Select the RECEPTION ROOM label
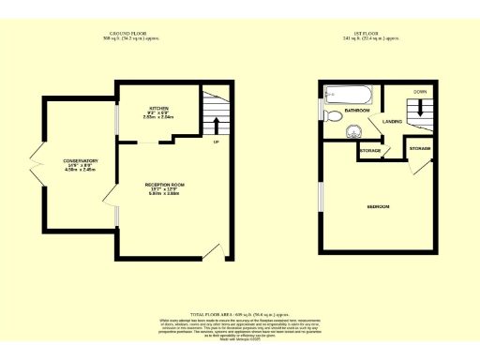pyautogui.click(x=162, y=185)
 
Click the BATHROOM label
pyautogui.click(x=357, y=110)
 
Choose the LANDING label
pyautogui.click(x=392, y=121)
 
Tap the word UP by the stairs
pyautogui.click(x=217, y=142)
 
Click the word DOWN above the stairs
pyautogui.click(x=420, y=93)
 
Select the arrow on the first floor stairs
pyautogui.click(x=420, y=110)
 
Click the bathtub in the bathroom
pyautogui.click(x=349, y=93)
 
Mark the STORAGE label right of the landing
pyautogui.click(x=419, y=148)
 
